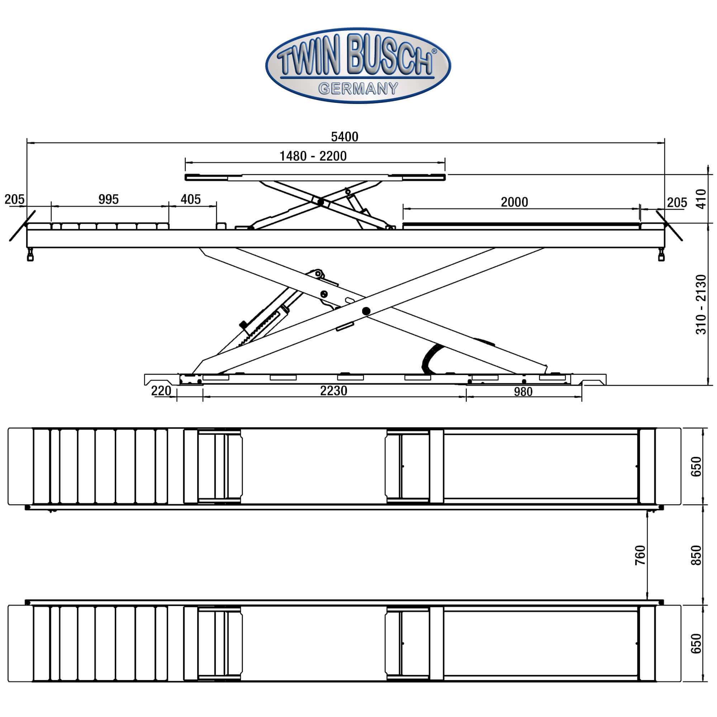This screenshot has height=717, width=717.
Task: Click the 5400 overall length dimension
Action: click(x=345, y=137)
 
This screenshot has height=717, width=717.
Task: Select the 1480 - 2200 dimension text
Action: click(x=313, y=156)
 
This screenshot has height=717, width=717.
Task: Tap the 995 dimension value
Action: click(x=108, y=200)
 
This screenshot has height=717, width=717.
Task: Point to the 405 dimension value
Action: click(x=190, y=200)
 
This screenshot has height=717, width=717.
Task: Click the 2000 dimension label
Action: click(x=514, y=202)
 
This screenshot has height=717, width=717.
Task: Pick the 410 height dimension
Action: click(x=701, y=199)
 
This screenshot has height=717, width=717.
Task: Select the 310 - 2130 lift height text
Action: click(x=701, y=304)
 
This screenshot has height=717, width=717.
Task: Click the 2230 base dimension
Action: click(x=334, y=391)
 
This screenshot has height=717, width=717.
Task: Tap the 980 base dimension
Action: click(x=523, y=392)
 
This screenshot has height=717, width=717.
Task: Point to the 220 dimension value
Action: click(x=161, y=391)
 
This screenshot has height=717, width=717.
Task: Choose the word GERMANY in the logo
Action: click(x=358, y=89)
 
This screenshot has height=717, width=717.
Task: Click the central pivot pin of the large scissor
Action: click(x=366, y=311)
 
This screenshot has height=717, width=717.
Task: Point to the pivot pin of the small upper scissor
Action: click(x=320, y=203)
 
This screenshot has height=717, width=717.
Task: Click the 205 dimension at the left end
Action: click(x=14, y=200)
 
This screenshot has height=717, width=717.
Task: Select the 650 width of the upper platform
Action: click(x=696, y=466)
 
